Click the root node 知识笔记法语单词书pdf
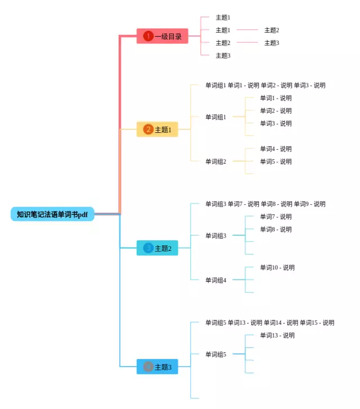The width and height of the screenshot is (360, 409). coord(52,214)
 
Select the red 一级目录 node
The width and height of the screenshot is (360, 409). coord(163,36)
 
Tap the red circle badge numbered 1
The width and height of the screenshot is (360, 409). coord(148,36)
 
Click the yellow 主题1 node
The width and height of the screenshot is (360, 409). coord(157,129)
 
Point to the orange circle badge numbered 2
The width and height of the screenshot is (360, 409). coord(148,129)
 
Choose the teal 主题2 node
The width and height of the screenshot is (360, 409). coord(157,248)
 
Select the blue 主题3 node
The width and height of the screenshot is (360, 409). coord(157,367)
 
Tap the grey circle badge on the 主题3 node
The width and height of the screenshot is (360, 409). coord(148,367)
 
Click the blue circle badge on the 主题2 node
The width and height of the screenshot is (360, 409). coord(148,248)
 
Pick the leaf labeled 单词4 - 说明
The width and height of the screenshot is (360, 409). coord(276,149)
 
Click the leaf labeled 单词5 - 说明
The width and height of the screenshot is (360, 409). coord(276,161)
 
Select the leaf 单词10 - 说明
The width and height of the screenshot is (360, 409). coord(277,268)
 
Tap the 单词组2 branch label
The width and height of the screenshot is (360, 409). coord(215,161)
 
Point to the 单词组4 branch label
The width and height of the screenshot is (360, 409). coord(215,280)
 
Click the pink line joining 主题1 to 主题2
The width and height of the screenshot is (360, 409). coord(247,30)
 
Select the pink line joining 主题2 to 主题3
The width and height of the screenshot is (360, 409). coord(247,43)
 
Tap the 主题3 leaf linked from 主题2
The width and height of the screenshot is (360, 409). coord(272,43)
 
